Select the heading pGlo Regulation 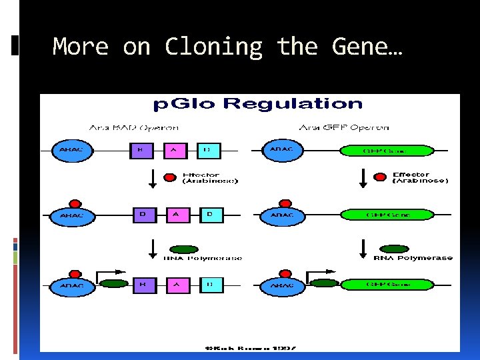click(258, 104)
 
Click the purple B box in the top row click(140, 151)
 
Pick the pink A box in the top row click(174, 151)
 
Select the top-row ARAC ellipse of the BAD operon click(72, 151)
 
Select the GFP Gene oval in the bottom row click(387, 285)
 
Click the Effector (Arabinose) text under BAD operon click(210, 179)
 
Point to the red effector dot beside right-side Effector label click(380, 177)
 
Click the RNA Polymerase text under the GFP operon click(413, 258)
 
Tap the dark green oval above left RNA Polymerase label click(186, 249)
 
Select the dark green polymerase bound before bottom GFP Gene click(325, 283)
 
